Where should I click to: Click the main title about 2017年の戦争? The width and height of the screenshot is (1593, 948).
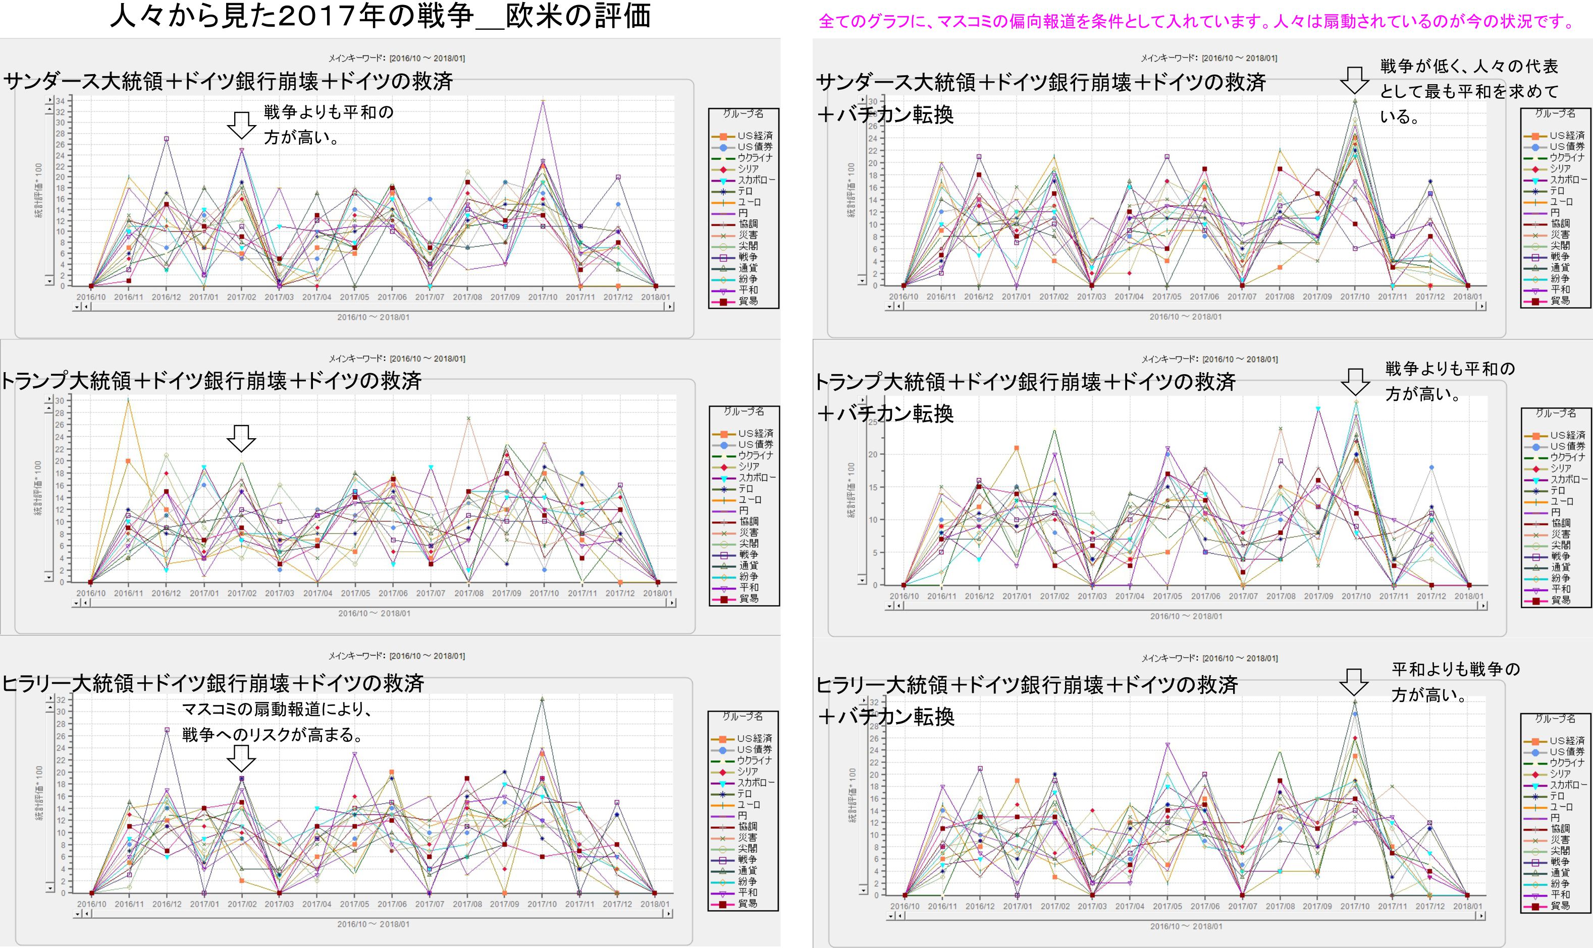[x=381, y=17]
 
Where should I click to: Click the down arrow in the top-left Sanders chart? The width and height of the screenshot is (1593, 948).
[x=242, y=125]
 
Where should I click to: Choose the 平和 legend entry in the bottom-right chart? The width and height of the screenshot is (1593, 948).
[x=1560, y=895]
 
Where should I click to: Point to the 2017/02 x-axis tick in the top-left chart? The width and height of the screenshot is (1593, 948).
[x=242, y=297]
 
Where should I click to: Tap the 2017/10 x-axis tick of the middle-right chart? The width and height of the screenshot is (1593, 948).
[x=1356, y=596]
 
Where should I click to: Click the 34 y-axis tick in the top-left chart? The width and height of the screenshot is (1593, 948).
[x=60, y=101]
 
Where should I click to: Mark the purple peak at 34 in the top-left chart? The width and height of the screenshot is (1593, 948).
[x=543, y=101]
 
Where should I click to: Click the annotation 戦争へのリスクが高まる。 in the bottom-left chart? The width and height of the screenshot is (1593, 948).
[x=273, y=735]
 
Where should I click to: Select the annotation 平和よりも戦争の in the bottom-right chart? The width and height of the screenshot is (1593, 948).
[x=1456, y=670]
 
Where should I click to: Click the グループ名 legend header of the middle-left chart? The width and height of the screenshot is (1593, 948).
[x=744, y=411]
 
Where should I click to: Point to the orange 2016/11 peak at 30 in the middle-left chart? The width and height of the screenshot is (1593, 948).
[x=129, y=400]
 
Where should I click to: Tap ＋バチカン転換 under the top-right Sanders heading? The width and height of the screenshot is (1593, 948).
[x=885, y=115]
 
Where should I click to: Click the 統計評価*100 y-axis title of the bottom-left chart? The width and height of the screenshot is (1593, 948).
[x=39, y=793]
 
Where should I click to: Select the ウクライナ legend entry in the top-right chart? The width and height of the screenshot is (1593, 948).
[x=1566, y=157]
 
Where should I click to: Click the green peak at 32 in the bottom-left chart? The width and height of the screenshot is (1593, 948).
[x=542, y=699]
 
